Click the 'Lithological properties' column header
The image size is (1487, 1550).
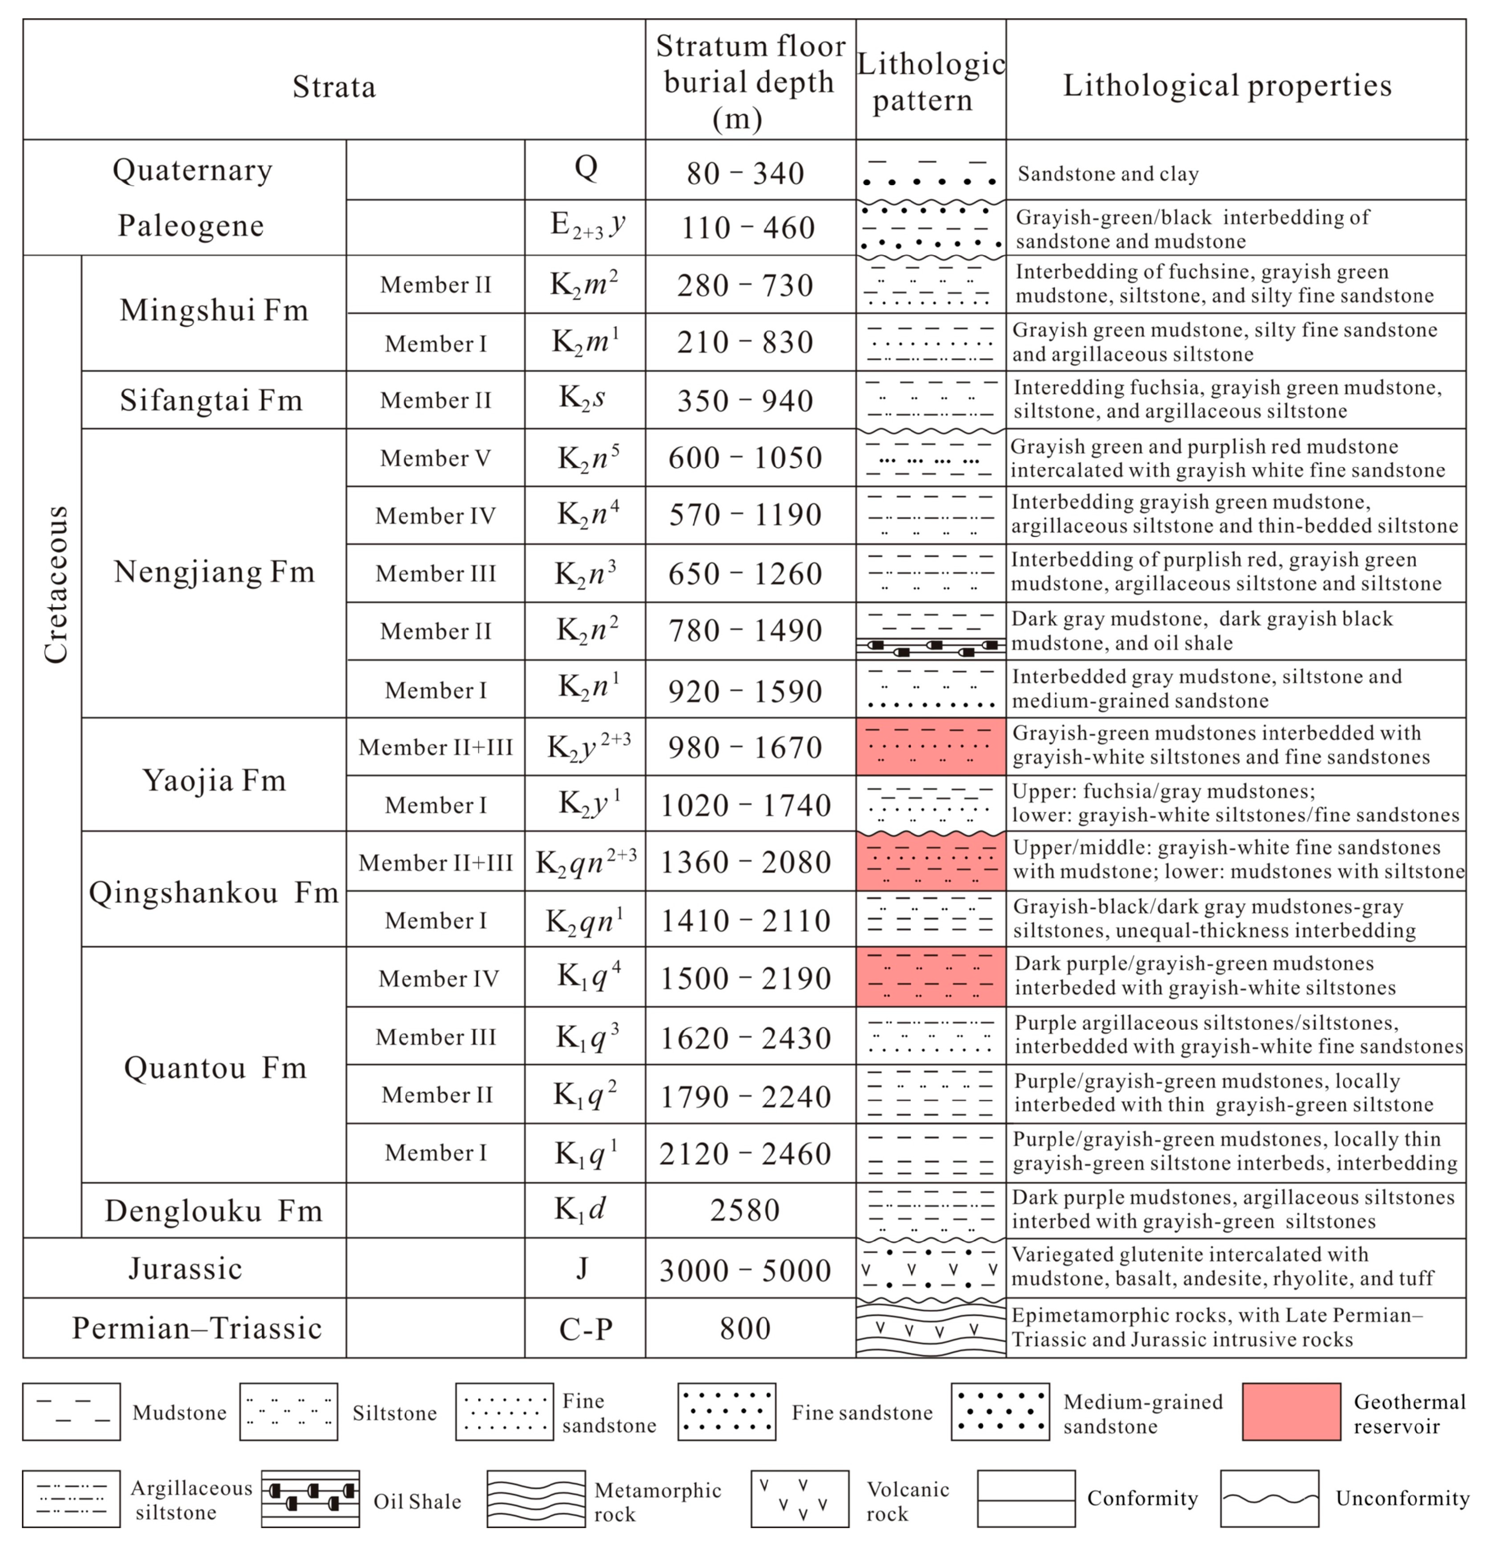1227,85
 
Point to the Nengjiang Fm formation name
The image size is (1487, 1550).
213,571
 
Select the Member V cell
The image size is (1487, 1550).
435,458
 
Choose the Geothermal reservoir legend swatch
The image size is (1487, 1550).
1291,1412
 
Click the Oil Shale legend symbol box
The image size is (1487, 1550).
310,1499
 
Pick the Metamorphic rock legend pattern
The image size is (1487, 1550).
535,1499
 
